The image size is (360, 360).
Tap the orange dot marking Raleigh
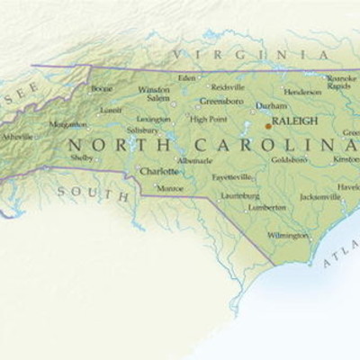click(x=267, y=127)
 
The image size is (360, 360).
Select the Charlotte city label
click(x=158, y=170)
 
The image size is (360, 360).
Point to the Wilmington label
click(x=287, y=235)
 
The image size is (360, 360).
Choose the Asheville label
click(x=17, y=137)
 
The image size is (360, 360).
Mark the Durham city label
click(x=271, y=105)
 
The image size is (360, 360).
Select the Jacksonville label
click(x=320, y=196)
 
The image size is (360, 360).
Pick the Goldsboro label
click(x=289, y=159)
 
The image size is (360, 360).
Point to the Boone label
click(x=102, y=89)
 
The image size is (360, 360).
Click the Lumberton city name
click(x=267, y=206)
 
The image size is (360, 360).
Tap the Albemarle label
click(x=195, y=159)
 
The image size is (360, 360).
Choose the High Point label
click(x=208, y=119)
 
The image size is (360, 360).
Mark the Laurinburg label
click(x=240, y=194)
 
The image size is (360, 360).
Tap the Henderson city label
click(x=302, y=92)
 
